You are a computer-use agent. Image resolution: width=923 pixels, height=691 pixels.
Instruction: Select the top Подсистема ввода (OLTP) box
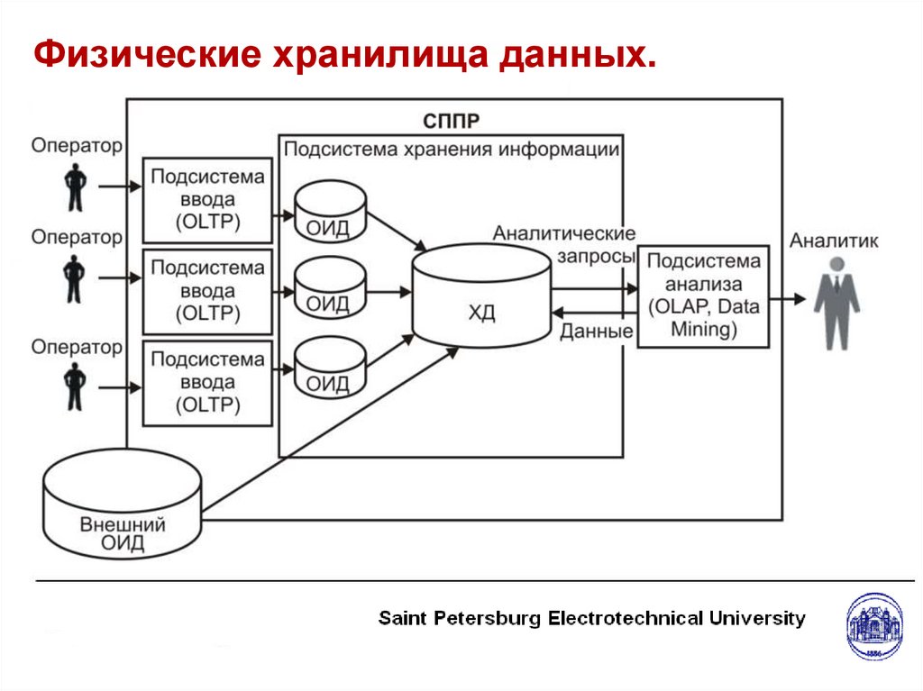tap(207, 199)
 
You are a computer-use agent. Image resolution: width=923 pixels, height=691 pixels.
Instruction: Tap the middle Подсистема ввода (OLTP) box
tap(207, 291)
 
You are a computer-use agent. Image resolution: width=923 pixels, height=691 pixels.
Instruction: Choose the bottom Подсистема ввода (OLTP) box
tap(207, 383)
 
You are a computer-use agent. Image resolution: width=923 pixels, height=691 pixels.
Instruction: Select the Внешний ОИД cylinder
tap(123, 509)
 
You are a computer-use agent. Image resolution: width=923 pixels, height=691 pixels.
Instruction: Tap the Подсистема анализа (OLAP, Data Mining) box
tap(703, 295)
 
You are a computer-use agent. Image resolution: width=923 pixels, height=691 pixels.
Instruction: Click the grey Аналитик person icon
tap(836, 303)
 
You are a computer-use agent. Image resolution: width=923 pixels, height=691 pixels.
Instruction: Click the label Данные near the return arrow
tap(596, 332)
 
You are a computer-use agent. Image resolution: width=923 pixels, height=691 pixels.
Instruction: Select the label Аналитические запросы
tap(565, 245)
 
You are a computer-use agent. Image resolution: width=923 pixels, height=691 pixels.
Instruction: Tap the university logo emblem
tap(873, 626)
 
